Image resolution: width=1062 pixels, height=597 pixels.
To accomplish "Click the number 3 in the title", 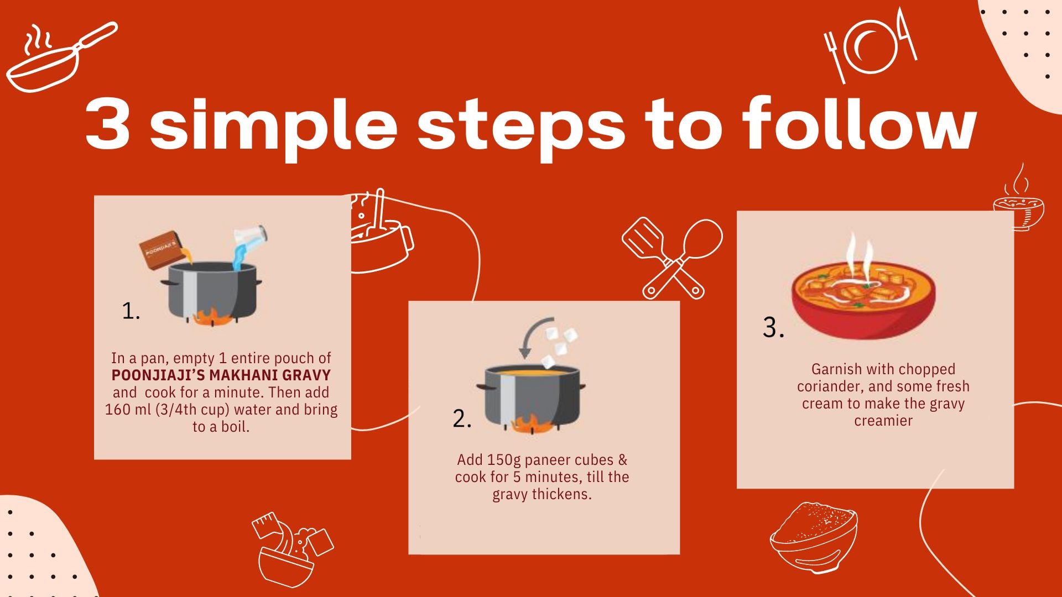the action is (x=108, y=123).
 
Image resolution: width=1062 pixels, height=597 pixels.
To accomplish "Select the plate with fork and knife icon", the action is (x=871, y=45).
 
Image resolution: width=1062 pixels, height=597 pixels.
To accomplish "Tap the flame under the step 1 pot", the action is (x=212, y=317).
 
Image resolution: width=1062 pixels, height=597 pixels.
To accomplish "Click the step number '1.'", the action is (x=131, y=311).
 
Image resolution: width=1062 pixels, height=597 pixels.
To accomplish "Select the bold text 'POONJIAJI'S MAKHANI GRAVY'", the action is (x=221, y=375).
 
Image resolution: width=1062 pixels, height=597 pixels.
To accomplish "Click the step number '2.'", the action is (x=462, y=418).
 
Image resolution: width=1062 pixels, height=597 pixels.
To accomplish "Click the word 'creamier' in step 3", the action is (x=883, y=421).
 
